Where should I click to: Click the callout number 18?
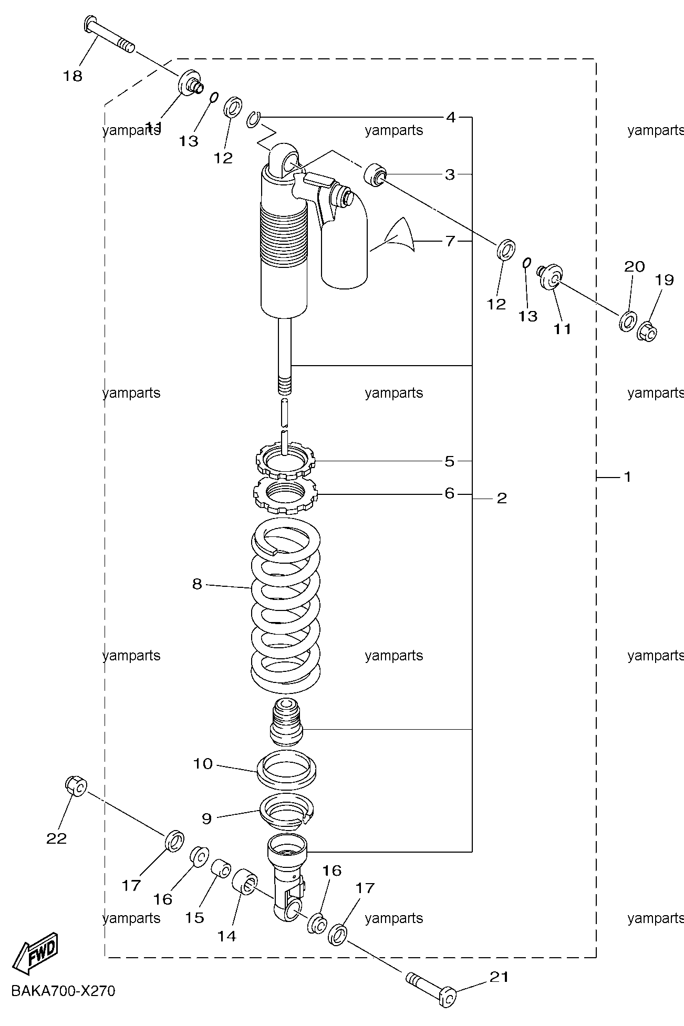tap(73, 76)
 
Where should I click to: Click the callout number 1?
tap(627, 476)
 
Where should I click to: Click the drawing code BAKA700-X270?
tap(63, 991)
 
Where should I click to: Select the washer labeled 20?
tap(628, 320)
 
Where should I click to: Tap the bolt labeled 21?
tap(431, 988)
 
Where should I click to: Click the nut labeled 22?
tap(76, 785)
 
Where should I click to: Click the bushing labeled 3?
tap(375, 174)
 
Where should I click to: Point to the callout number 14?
tap(227, 936)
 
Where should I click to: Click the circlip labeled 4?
tap(253, 119)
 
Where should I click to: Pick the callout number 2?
tap(502, 498)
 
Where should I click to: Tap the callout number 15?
tap(194, 917)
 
